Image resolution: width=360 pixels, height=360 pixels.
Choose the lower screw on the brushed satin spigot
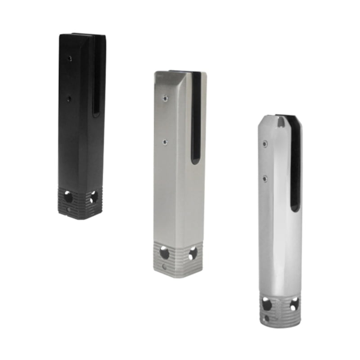(x=166, y=142)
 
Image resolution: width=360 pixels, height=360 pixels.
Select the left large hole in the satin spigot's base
(x=165, y=253)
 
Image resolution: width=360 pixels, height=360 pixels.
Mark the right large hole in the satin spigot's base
(x=193, y=253)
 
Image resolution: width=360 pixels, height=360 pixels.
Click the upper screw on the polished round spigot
(x=265, y=144)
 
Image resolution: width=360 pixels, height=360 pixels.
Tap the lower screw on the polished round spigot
(x=265, y=179)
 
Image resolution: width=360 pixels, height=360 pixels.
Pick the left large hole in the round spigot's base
(x=267, y=305)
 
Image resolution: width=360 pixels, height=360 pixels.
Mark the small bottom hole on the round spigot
(x=267, y=318)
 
